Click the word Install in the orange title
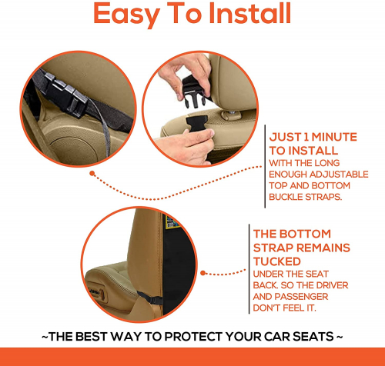250,13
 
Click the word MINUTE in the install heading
334,137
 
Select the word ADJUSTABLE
339,175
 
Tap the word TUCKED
277,261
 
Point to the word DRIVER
332,285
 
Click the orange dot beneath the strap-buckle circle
92,174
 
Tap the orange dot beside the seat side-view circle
203,273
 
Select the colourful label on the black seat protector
172,222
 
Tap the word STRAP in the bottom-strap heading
273,248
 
